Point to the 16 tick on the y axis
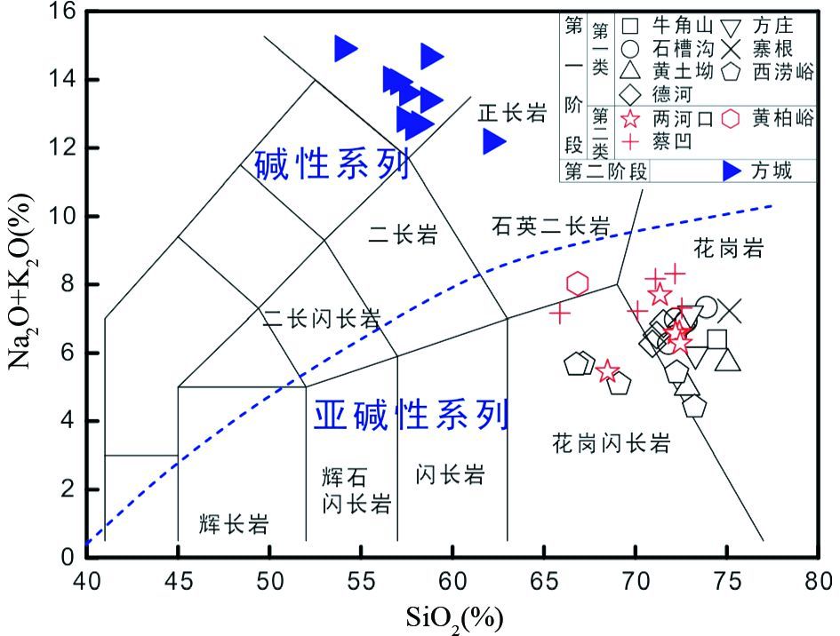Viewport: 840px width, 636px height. coord(65,12)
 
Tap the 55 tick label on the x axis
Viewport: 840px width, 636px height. coord(361,583)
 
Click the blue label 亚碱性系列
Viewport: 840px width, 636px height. coord(412,413)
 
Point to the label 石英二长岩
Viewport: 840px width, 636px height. coord(551,227)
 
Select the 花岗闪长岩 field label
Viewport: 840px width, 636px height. coord(611,442)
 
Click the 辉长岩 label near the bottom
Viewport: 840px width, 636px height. coord(235,525)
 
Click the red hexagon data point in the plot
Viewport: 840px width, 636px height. coord(578,283)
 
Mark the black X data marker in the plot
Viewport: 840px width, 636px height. coord(729,311)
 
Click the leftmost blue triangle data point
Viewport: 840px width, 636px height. coord(347,49)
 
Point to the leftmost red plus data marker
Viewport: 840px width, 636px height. coord(560,313)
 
